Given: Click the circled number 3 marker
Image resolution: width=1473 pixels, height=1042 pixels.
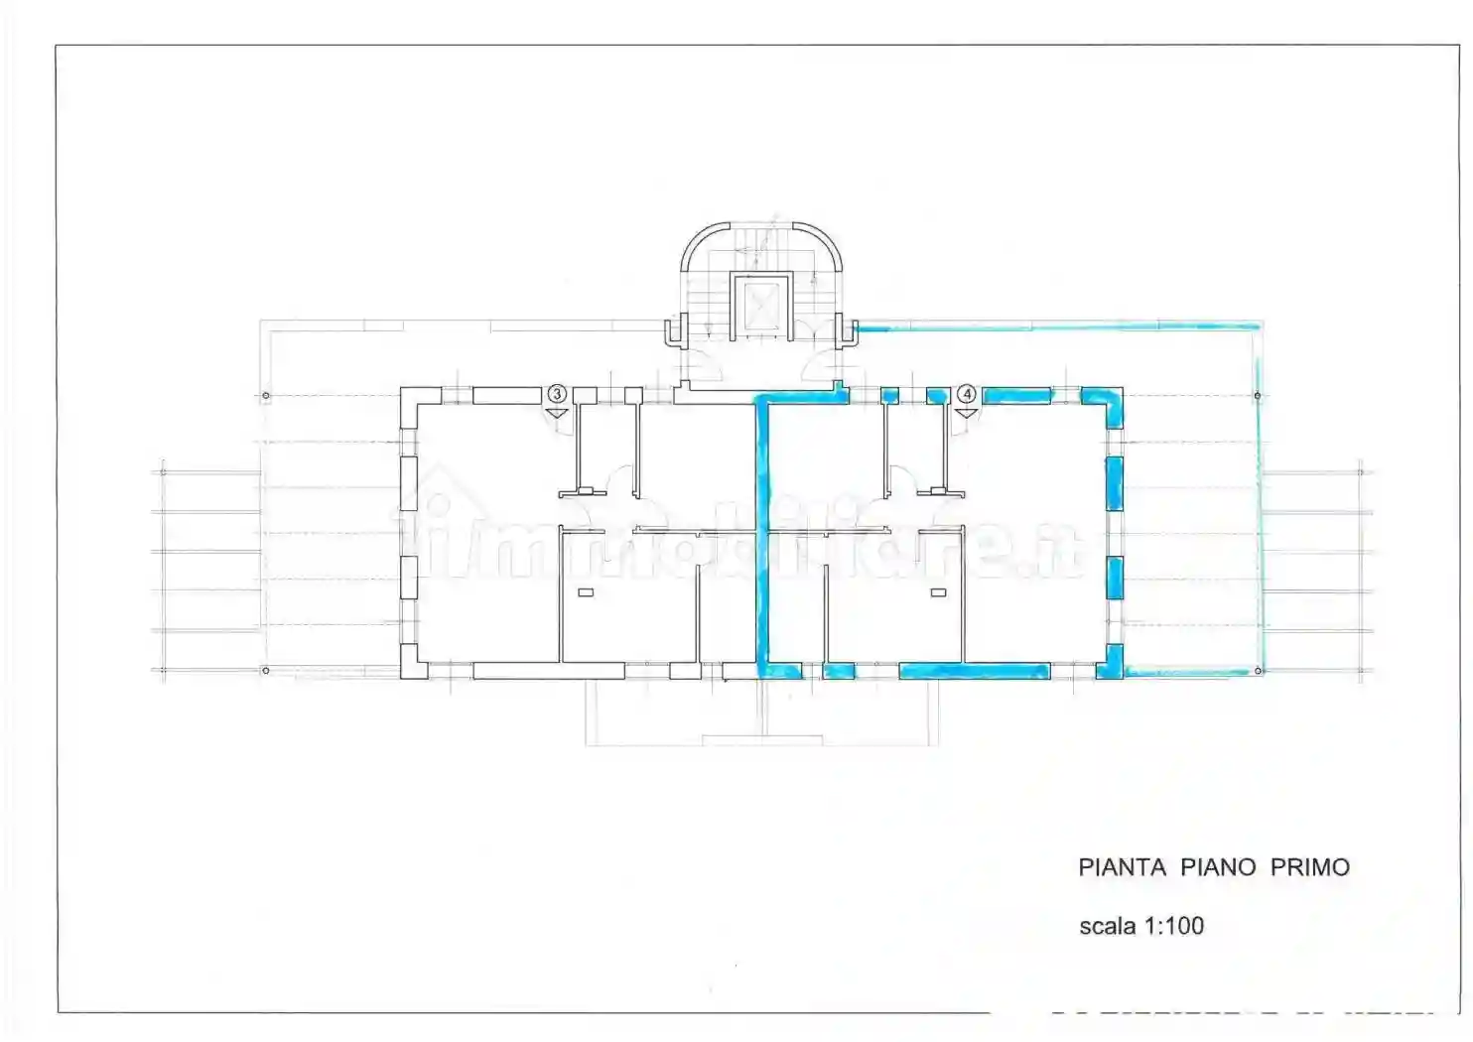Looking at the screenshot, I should [x=557, y=394].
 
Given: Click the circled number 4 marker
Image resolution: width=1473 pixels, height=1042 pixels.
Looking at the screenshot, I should [x=967, y=394].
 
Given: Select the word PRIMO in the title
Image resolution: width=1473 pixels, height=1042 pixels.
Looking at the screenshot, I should [x=1310, y=867].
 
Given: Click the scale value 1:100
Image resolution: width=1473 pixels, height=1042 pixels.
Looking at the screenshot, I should [x=1174, y=926].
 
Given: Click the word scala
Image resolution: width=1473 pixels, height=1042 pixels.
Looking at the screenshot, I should [x=1108, y=926].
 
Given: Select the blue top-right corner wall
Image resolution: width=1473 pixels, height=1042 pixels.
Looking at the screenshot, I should [x=1106, y=402].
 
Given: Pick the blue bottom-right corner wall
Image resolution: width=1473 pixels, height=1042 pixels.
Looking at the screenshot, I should [x=1110, y=663].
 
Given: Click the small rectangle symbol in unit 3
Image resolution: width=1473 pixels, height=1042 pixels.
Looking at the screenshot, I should [x=586, y=592].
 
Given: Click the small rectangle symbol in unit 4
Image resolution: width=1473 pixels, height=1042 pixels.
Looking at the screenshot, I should [x=938, y=592].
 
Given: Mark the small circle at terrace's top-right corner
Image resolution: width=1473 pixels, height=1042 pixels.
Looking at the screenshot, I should [x=1258, y=396].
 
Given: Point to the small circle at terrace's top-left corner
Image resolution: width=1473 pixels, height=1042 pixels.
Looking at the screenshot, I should [x=266, y=396].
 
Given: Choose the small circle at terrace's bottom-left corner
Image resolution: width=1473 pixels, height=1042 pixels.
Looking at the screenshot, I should [x=266, y=671].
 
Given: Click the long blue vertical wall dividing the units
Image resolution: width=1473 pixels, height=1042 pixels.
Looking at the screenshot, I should [x=763, y=536].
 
